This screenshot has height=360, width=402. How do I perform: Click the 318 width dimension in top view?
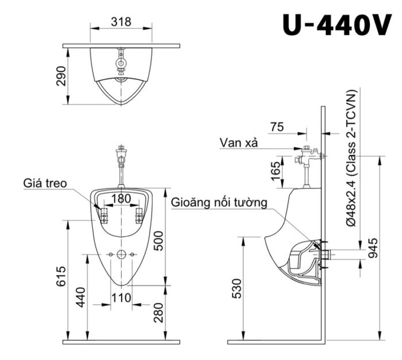coord(121,22)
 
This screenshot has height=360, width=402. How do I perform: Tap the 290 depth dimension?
coord(62,76)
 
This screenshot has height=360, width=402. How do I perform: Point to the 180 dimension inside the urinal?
coord(121,198)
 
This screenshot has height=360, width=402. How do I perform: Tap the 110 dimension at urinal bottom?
coord(121,297)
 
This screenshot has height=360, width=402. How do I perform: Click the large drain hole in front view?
coord(121,254)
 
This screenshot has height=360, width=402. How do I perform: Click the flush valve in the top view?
coord(121,63)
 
